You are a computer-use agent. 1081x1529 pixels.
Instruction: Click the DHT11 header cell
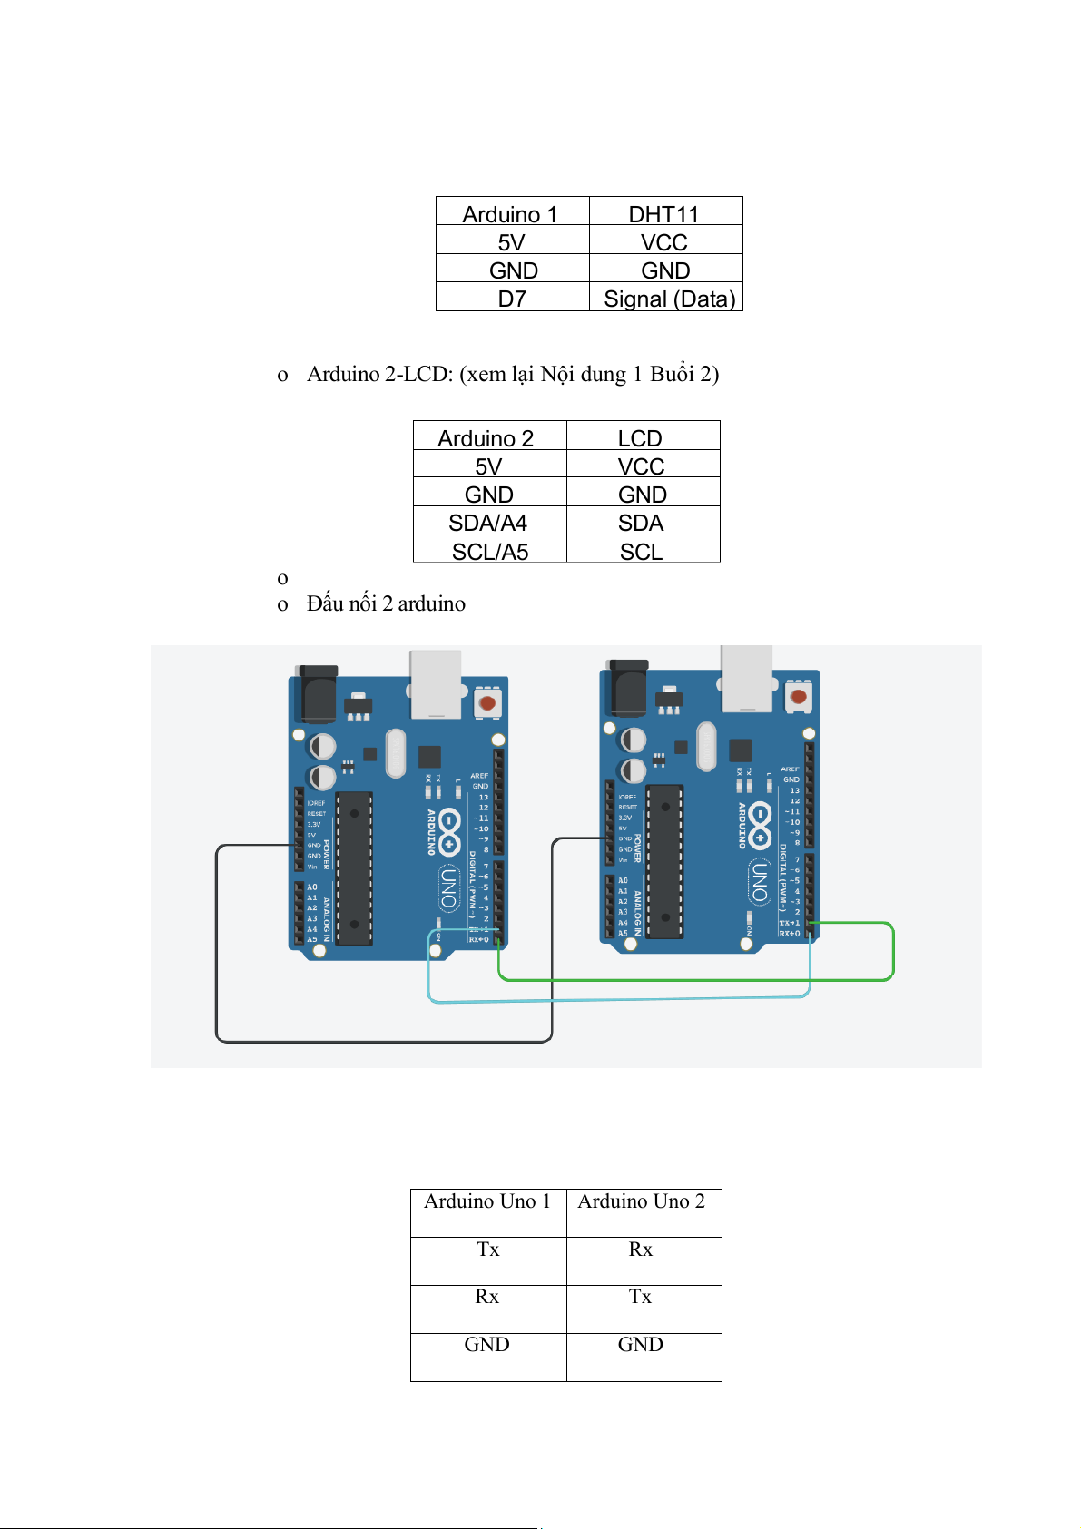(665, 214)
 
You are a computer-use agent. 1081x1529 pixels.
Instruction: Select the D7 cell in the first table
(512, 299)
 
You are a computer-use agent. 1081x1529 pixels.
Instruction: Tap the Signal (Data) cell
(669, 299)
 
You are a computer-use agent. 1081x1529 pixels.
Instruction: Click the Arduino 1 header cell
(510, 214)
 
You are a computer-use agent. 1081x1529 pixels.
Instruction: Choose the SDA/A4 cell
(488, 523)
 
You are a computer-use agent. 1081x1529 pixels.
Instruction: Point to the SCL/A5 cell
(490, 552)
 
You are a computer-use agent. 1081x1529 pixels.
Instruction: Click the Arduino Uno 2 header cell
(642, 1201)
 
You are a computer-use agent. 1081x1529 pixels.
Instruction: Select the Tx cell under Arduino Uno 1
(488, 1250)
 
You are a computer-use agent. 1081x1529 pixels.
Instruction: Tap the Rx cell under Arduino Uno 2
(641, 1250)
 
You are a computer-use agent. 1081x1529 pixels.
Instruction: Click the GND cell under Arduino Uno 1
(487, 1345)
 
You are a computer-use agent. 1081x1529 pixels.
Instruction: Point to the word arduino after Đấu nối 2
(432, 603)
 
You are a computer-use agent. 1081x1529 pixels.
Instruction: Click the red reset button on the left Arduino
(487, 702)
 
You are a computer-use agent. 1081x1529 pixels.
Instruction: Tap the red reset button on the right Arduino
(799, 696)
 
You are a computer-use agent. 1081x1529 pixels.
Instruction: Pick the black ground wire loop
(381, 1041)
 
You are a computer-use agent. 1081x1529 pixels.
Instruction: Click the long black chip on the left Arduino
(354, 867)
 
